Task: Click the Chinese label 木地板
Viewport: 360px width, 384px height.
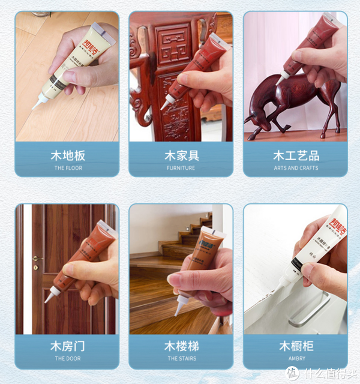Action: [67, 155]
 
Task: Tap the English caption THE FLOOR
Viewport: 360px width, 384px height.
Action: [67, 168]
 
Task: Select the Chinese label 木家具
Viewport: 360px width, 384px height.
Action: [181, 155]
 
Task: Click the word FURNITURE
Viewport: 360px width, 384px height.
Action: [181, 168]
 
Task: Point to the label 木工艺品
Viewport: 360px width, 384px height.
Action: [296, 155]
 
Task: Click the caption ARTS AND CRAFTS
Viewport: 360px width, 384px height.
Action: [296, 168]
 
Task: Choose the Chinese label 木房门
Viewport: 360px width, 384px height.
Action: [67, 346]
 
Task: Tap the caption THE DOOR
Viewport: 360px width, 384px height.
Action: [67, 359]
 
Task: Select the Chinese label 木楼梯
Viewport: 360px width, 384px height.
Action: [181, 346]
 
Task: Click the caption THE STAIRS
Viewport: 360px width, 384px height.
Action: [181, 359]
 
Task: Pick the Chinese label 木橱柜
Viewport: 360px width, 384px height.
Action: [296, 346]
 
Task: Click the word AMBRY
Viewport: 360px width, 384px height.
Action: [296, 359]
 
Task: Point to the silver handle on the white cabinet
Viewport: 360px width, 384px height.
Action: [309, 309]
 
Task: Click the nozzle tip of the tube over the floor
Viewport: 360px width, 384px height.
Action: [35, 108]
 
